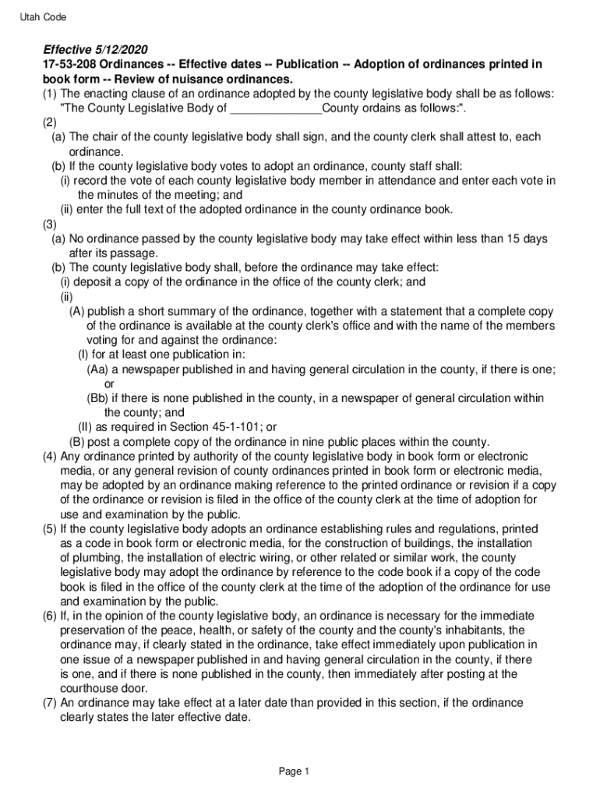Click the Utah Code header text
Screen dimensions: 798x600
tap(44, 17)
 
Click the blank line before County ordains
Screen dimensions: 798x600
tap(275, 108)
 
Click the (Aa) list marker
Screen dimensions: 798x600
tap(97, 369)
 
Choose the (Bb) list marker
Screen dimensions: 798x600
tap(97, 398)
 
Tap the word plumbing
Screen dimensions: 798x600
tap(99, 557)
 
